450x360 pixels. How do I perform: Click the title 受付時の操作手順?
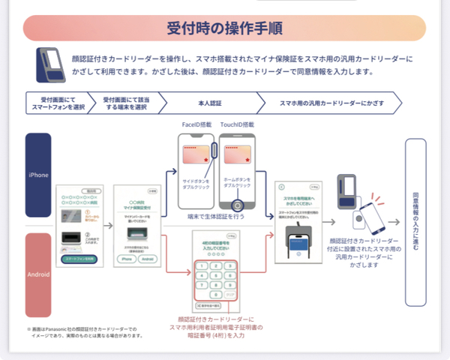tap(224, 28)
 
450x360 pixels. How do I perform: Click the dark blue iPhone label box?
tap(38, 175)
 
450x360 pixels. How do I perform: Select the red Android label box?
tap(38, 274)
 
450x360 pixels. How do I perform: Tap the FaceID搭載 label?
tap(196, 124)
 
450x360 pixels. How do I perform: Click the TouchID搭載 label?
tap(239, 124)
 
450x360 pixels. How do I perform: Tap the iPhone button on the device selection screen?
tap(127, 258)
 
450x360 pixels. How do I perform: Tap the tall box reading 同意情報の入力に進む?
tap(415, 221)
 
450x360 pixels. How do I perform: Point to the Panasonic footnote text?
tap(83, 331)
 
